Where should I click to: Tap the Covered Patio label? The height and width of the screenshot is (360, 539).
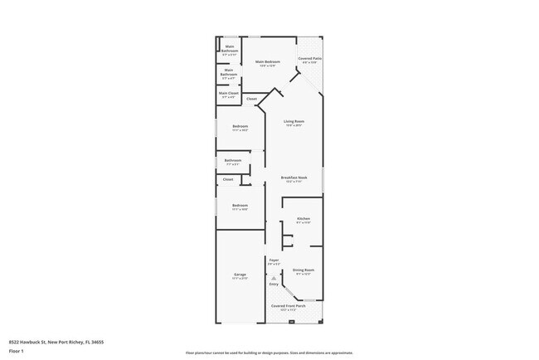[309, 60]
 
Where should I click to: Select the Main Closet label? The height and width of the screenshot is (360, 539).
[229, 94]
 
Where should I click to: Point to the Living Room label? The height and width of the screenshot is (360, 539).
[294, 123]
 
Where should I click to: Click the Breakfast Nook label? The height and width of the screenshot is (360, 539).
[294, 178]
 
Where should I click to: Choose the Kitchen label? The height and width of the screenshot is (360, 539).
[303, 220]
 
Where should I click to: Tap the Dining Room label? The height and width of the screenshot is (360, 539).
[303, 271]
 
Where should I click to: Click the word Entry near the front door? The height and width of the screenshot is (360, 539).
[274, 285]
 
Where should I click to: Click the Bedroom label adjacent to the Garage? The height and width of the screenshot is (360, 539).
[240, 207]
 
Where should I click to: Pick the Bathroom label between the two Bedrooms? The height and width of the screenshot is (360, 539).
[233, 161]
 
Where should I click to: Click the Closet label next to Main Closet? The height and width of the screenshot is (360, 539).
[251, 100]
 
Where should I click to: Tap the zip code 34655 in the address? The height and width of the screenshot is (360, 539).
[99, 341]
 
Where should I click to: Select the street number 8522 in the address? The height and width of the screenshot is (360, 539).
[15, 341]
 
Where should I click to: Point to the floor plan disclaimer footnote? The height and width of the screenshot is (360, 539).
[269, 353]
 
